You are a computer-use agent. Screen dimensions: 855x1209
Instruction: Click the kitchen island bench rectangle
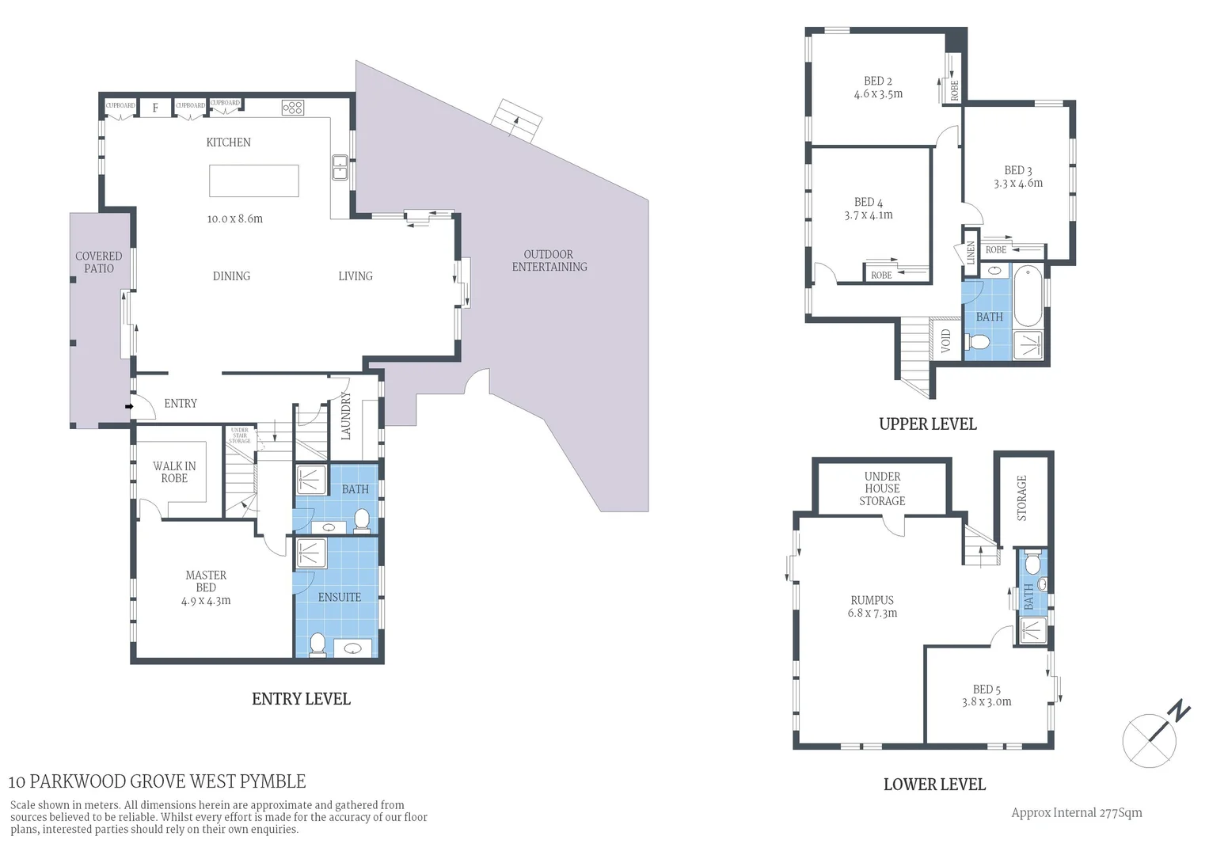253,180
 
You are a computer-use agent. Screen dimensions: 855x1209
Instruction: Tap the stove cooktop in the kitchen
292,108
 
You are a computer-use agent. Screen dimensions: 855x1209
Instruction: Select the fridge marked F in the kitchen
155,108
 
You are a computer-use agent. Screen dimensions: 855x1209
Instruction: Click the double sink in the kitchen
340,167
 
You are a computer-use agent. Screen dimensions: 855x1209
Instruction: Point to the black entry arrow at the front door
128,407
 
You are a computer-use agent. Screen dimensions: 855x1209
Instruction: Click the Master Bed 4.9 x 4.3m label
206,588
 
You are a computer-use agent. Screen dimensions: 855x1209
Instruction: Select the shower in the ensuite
310,553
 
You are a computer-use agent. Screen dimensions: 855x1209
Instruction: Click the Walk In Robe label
174,473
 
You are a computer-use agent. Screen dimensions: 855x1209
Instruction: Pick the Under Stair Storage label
239,435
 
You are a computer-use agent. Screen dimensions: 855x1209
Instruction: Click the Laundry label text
345,416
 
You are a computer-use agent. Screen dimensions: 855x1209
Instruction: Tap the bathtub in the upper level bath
1028,297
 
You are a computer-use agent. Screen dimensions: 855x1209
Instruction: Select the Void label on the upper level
945,341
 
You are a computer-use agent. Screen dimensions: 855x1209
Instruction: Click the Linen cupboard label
971,253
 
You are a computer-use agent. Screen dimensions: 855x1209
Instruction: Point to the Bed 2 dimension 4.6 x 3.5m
878,94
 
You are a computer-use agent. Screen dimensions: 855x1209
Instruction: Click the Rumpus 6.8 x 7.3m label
873,606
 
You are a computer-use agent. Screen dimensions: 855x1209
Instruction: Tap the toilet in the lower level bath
1032,564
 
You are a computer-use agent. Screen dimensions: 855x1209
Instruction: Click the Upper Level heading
927,424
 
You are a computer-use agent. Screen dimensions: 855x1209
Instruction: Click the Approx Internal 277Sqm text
1076,812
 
